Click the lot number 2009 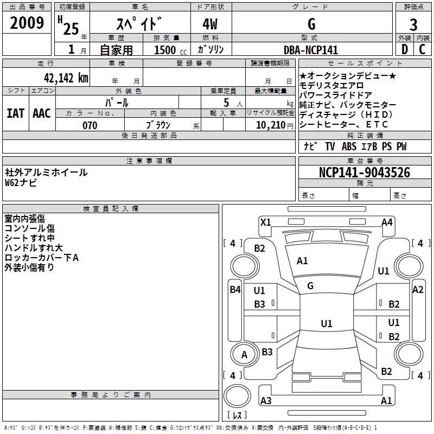click(x=27, y=23)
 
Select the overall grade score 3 click(x=413, y=24)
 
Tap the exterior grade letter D click(x=405, y=49)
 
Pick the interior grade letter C click(x=422, y=49)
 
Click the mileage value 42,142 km click(x=66, y=78)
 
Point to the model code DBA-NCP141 click(x=311, y=50)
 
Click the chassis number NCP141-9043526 click(x=365, y=173)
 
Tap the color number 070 click(x=90, y=125)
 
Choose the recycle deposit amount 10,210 click(x=271, y=125)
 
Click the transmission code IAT click(x=15, y=113)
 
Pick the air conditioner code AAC click(x=42, y=113)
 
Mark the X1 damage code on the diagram click(x=266, y=222)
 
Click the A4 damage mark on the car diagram click(x=387, y=222)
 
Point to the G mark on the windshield click(x=310, y=286)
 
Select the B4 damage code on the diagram click(x=235, y=290)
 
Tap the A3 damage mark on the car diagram click(x=266, y=400)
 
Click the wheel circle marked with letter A click(x=244, y=354)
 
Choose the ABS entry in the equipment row click(x=349, y=146)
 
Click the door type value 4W click(x=210, y=24)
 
